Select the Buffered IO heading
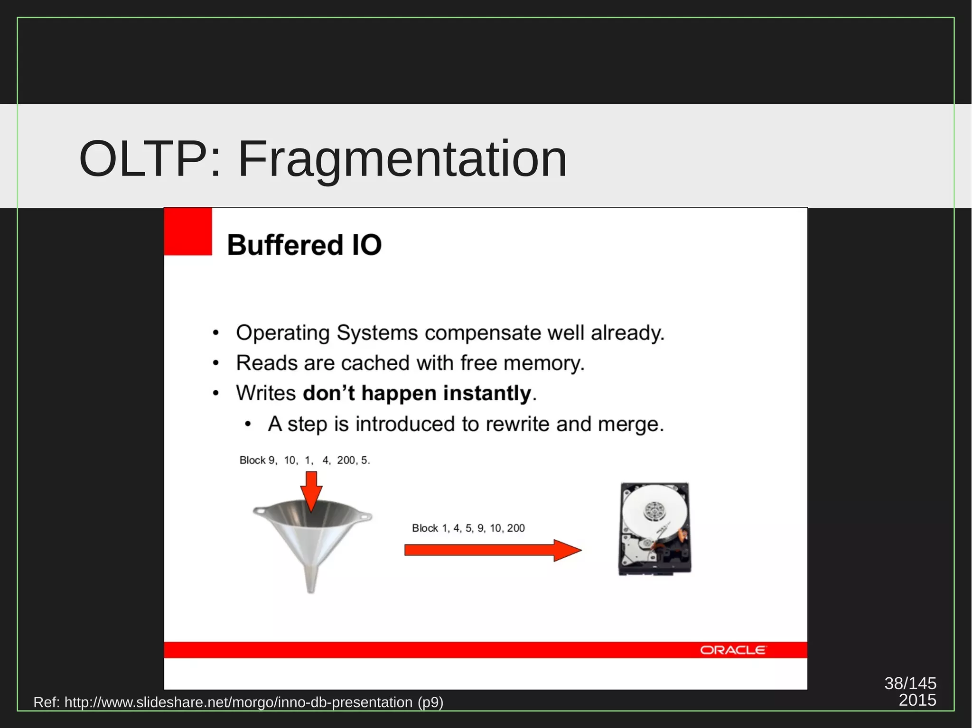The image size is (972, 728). [x=304, y=245]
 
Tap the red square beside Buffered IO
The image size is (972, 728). [x=188, y=231]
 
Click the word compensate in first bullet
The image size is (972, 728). [x=483, y=333]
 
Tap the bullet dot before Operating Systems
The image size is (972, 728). [x=216, y=333]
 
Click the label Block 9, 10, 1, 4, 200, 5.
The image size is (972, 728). [x=304, y=460]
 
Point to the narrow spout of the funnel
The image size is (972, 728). [x=311, y=579]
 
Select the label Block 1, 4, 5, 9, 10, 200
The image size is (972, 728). [x=468, y=528]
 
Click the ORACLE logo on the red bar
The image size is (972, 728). [x=732, y=650]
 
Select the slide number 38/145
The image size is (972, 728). [x=910, y=683]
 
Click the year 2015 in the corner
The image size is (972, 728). [x=917, y=700]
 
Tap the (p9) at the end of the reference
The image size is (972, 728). [x=430, y=702]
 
